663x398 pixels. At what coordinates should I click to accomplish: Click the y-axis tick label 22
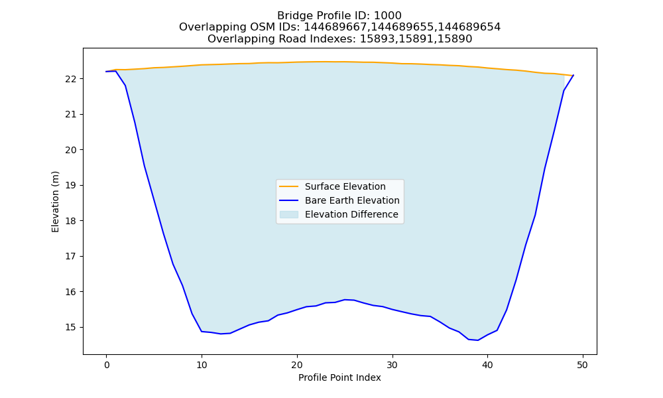[x=71, y=79]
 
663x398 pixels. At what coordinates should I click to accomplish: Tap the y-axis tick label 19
[x=71, y=186]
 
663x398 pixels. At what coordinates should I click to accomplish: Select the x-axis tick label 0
[x=107, y=365]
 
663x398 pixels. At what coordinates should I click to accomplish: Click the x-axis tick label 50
[x=582, y=365]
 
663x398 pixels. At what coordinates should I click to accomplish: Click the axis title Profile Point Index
[x=339, y=377]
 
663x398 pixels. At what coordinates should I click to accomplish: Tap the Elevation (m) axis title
[x=55, y=202]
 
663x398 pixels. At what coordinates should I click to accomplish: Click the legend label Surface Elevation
[x=345, y=186]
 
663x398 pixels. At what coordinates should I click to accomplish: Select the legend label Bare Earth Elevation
[x=352, y=200]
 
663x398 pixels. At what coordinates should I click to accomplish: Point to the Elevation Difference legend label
[x=351, y=214]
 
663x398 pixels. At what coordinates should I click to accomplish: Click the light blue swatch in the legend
[x=289, y=214]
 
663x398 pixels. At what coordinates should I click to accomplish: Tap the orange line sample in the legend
[x=289, y=186]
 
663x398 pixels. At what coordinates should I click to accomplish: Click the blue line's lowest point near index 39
[x=478, y=340]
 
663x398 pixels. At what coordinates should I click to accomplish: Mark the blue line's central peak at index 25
[x=345, y=299]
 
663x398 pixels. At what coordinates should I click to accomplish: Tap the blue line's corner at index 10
[x=202, y=331]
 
